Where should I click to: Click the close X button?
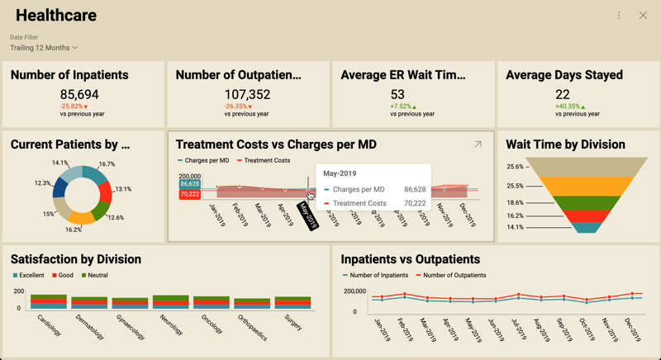pyautogui.click(x=643, y=16)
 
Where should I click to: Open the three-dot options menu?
pyautogui.click(x=619, y=16)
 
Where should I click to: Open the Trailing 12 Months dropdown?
pyautogui.click(x=44, y=48)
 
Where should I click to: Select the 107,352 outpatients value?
pyautogui.click(x=247, y=95)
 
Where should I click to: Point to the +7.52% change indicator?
pyautogui.click(x=403, y=107)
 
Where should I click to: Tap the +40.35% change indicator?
pyautogui.click(x=570, y=107)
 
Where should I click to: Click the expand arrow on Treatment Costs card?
pyautogui.click(x=478, y=144)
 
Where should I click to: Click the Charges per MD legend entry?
pyautogui.click(x=203, y=160)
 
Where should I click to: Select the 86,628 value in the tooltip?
pyautogui.click(x=415, y=190)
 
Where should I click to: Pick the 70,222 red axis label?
pyautogui.click(x=189, y=195)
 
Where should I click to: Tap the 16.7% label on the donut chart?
pyautogui.click(x=107, y=164)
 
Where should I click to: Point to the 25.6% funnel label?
pyautogui.click(x=515, y=167)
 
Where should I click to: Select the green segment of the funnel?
pyautogui.click(x=587, y=202)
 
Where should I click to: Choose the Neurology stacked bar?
pyautogui.click(x=171, y=301)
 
